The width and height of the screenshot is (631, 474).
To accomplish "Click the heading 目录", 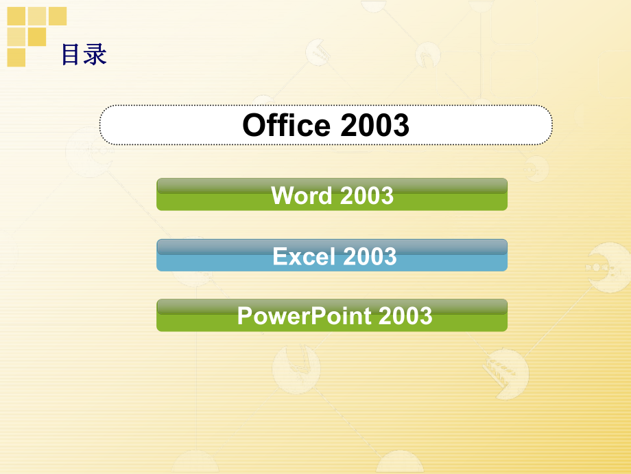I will pos(84,54).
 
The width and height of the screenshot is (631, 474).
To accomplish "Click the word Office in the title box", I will pos(286,125).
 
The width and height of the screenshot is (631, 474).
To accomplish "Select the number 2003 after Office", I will pos(374,125).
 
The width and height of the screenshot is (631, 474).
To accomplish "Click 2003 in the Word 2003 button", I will pos(366,196).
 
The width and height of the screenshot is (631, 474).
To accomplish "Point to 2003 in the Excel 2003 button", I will pos(370,256).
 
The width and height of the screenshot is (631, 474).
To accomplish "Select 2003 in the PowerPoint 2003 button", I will pos(405,316).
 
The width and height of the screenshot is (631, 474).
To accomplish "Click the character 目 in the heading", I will pos(72,54).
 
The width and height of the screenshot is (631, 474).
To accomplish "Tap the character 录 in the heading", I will pos(95,54).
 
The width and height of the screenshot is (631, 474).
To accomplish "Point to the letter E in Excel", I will pos(279,256).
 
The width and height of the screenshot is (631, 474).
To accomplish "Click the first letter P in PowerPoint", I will pos(244,316).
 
